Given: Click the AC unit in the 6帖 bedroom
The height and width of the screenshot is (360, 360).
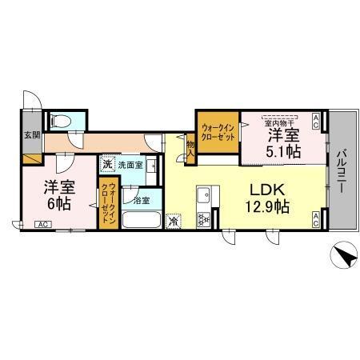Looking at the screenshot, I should [x=41, y=225].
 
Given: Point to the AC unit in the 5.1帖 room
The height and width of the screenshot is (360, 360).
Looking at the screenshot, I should [x=316, y=122].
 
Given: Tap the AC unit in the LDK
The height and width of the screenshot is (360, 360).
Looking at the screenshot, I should [x=316, y=220].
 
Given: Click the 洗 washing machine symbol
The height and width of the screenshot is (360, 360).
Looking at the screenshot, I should [x=107, y=165].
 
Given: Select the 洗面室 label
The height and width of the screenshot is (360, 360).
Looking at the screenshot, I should [x=130, y=165].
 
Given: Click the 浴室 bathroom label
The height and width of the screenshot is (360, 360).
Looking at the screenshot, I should [x=142, y=199].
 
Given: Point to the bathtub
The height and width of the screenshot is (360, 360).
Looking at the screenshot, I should [x=142, y=218].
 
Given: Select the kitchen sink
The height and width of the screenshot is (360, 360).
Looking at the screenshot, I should [x=203, y=194].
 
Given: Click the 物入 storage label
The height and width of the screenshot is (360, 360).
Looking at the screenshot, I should [x=191, y=146].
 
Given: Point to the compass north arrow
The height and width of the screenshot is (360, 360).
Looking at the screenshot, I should [x=343, y=258].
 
